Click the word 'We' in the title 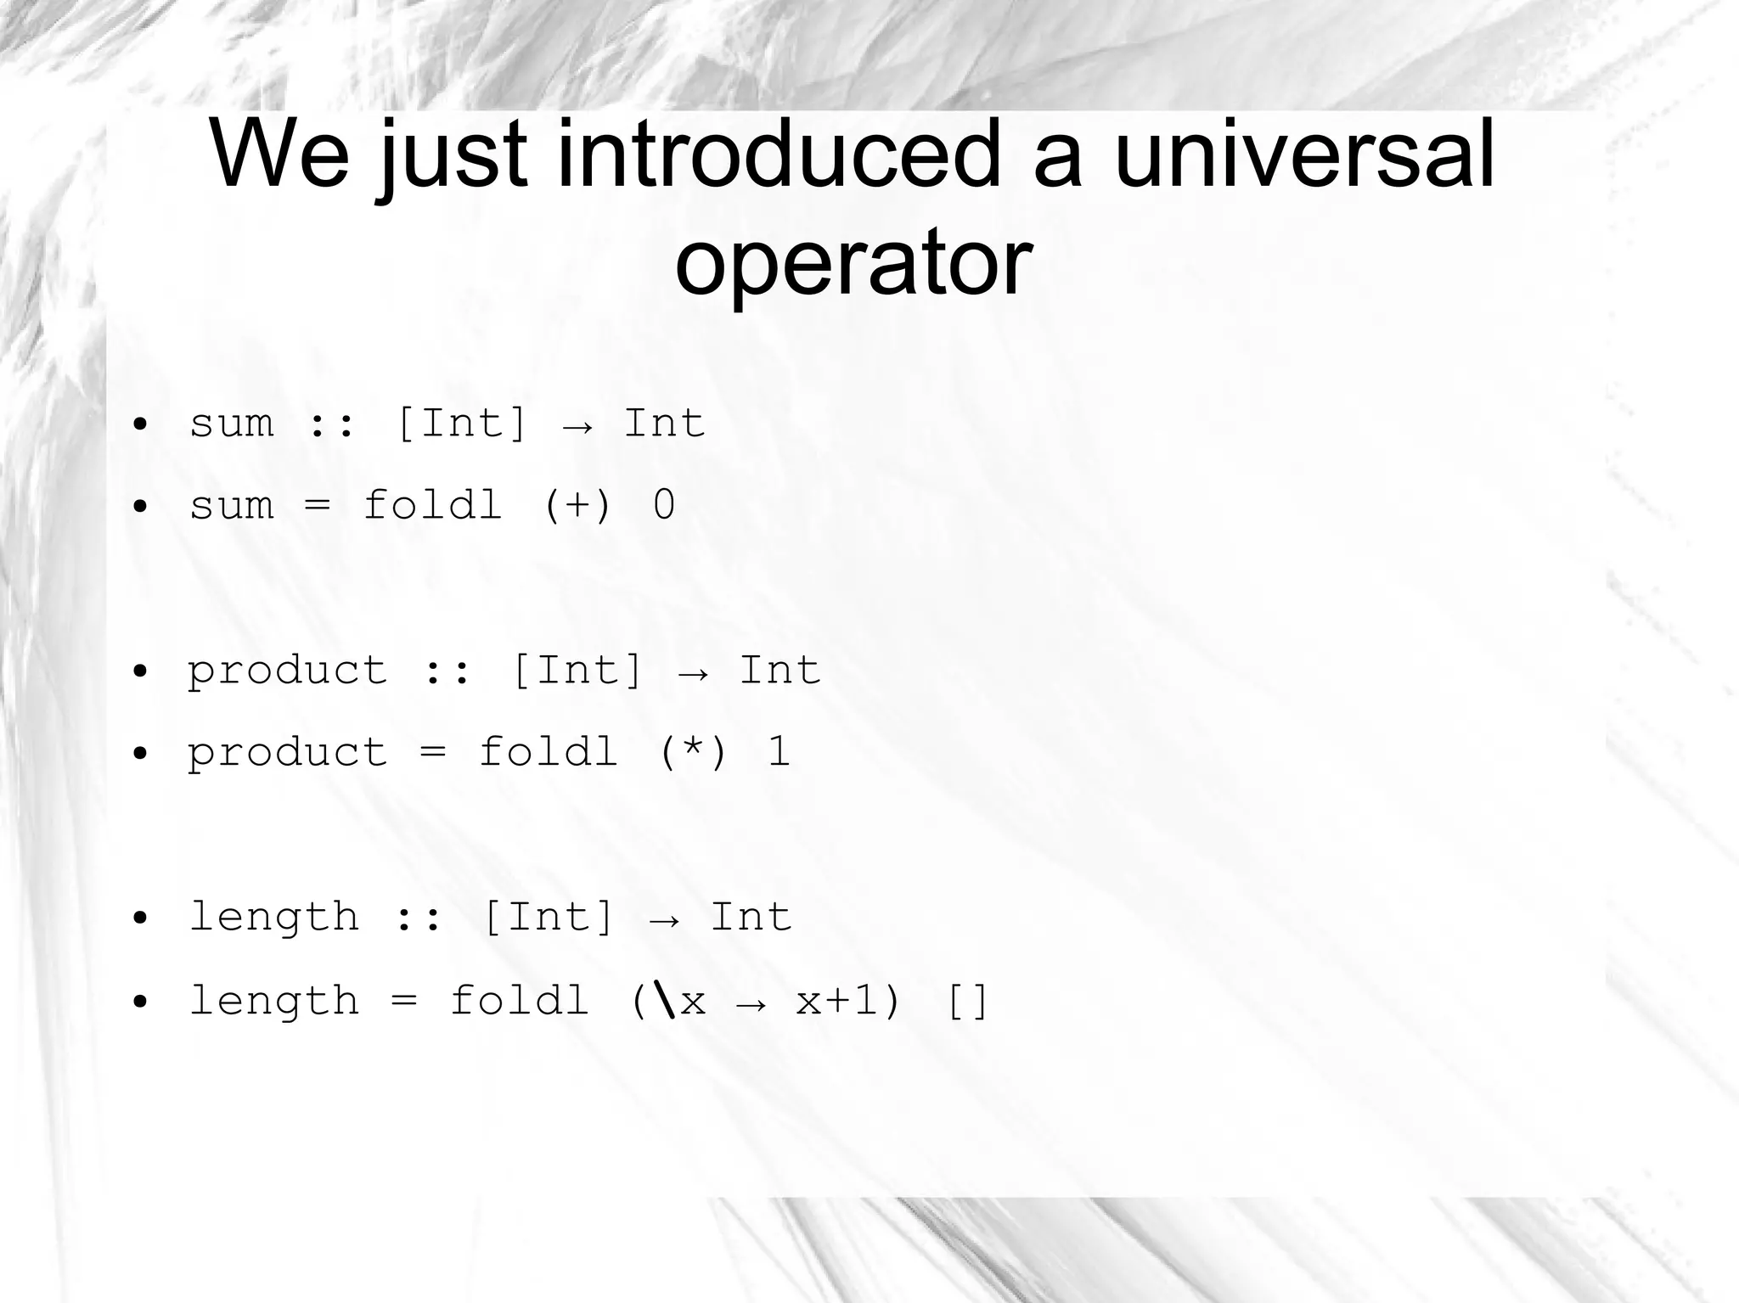pyautogui.click(x=279, y=155)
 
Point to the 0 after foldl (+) pyautogui.click(x=664, y=505)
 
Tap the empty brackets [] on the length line pyautogui.click(x=967, y=1001)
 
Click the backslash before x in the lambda pyautogui.click(x=667, y=1000)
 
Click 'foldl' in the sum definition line pyautogui.click(x=432, y=505)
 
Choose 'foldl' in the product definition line pyautogui.click(x=548, y=752)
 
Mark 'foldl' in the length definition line pyautogui.click(x=519, y=1001)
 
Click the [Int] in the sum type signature pyautogui.click(x=461, y=423)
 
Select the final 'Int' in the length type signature pyautogui.click(x=751, y=918)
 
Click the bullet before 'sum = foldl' pyautogui.click(x=141, y=507)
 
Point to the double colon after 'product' pyautogui.click(x=447, y=671)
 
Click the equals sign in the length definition pyautogui.click(x=404, y=1001)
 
